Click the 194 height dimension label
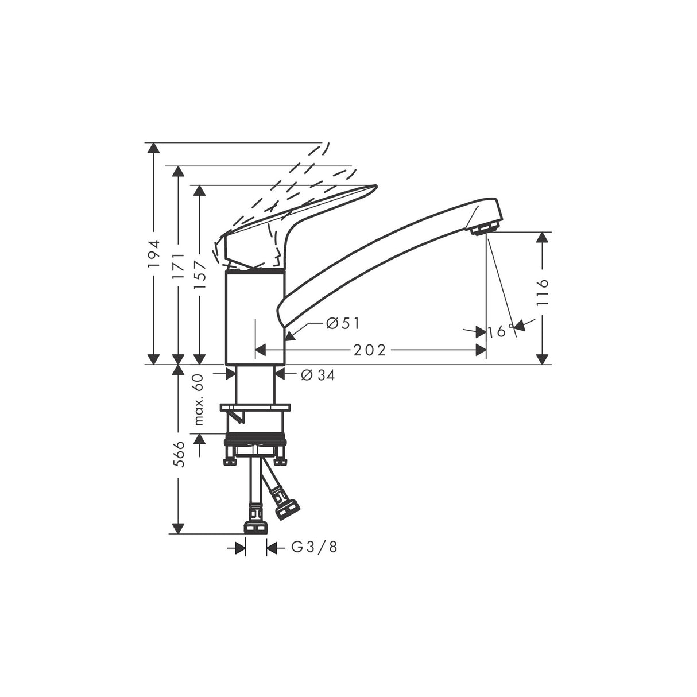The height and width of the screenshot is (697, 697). click(x=152, y=254)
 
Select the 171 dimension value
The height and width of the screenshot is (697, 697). click(x=179, y=265)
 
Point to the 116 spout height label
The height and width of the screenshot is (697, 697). click(x=543, y=292)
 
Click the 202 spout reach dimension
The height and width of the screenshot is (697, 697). click(x=369, y=350)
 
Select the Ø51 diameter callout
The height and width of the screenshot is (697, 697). click(x=342, y=324)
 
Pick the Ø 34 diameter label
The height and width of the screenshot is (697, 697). click(x=317, y=375)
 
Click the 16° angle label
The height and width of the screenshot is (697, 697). click(x=501, y=331)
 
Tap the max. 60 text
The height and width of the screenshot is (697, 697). click(x=199, y=398)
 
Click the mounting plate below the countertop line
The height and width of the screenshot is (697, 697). click(x=256, y=408)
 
